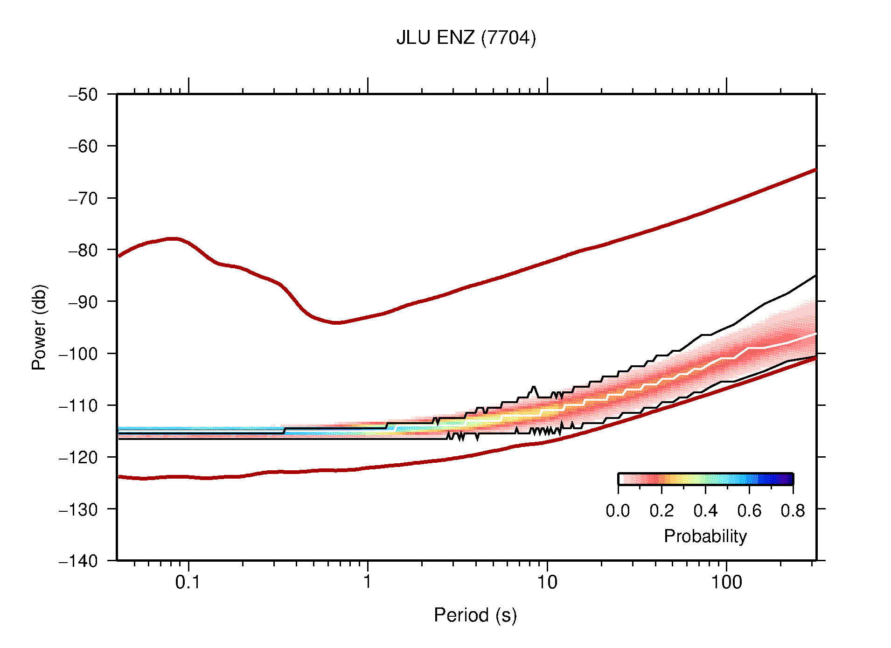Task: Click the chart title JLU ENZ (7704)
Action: (x=466, y=38)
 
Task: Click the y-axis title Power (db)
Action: (x=39, y=327)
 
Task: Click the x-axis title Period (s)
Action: (x=475, y=615)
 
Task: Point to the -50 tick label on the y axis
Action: (x=84, y=95)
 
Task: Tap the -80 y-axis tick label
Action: (x=84, y=250)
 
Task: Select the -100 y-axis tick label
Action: (x=79, y=354)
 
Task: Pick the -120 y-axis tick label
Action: (x=79, y=457)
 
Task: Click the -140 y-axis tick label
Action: (x=79, y=561)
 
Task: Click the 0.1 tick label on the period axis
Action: (x=188, y=582)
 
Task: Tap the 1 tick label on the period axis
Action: (x=368, y=582)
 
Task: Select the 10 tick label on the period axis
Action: (x=547, y=582)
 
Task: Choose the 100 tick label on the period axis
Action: (x=726, y=582)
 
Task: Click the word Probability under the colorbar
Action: (x=705, y=537)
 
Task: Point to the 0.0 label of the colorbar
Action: (x=618, y=511)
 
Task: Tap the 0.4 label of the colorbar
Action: (x=705, y=511)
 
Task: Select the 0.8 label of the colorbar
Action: (x=793, y=511)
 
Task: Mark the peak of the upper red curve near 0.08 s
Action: (x=173, y=239)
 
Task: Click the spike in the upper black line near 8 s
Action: (x=534, y=387)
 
